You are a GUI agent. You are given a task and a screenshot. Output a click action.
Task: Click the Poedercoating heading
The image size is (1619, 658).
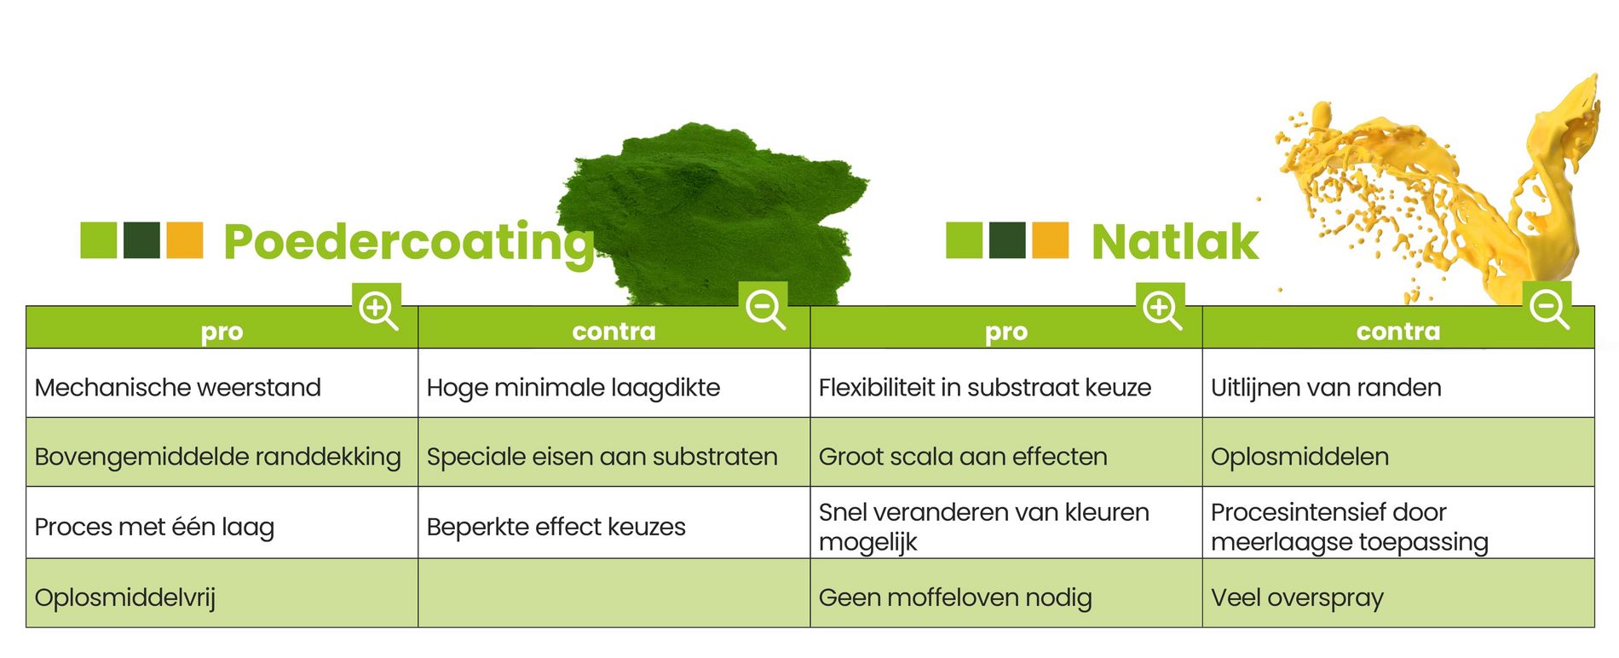pos(408,242)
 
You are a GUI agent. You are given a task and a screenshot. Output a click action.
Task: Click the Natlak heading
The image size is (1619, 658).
pos(1174,242)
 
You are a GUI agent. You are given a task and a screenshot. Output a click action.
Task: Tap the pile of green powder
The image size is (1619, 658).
pos(716,205)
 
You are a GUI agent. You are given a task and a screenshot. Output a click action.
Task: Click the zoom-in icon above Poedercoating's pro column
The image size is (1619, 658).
pos(377,309)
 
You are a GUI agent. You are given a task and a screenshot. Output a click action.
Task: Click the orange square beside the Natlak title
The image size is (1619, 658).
pos(1050,240)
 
